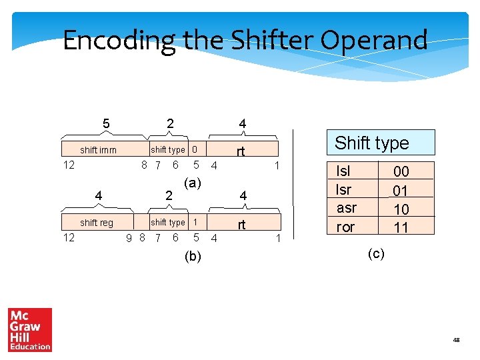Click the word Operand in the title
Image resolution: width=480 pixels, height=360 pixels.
(374, 41)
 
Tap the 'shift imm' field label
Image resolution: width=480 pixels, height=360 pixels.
(98, 150)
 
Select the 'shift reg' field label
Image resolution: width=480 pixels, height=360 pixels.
(97, 223)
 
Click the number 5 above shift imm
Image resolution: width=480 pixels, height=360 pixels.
(106, 123)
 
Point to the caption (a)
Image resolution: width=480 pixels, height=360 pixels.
(193, 183)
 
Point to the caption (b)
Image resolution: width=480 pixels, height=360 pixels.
(193, 256)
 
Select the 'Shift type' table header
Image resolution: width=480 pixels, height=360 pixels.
(371, 143)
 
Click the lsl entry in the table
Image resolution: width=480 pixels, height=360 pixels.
(343, 171)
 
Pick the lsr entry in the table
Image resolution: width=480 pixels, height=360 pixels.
(343, 189)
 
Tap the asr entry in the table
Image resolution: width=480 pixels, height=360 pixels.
(346, 208)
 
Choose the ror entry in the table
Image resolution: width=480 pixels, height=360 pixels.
(345, 227)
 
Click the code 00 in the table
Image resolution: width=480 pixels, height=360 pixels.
(401, 172)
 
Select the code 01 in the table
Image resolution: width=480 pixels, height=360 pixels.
(401, 191)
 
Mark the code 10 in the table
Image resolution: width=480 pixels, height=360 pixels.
(401, 209)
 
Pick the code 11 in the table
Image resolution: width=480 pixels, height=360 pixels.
(401, 227)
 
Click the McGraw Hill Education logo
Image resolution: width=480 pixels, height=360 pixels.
(30, 329)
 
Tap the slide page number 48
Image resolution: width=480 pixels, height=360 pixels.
(456, 340)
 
